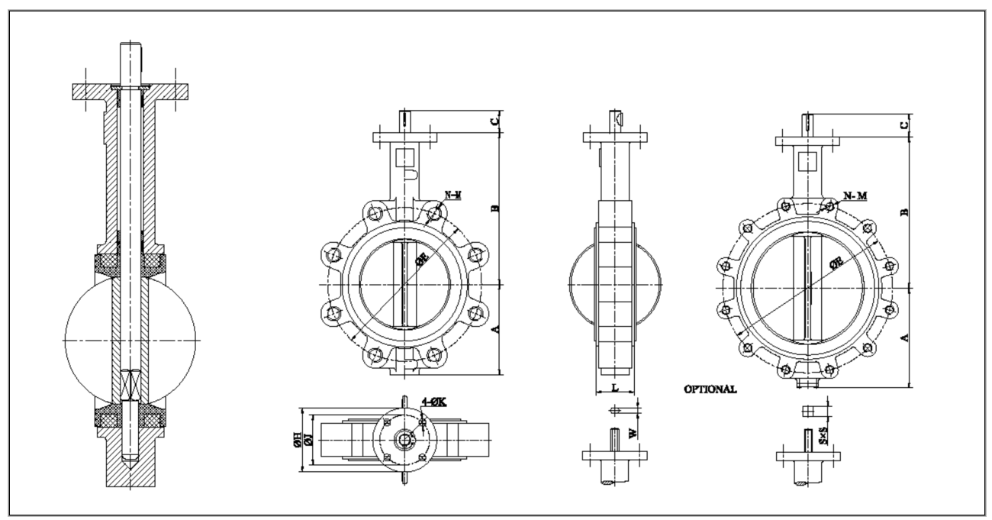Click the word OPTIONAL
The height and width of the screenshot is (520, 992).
[x=710, y=389]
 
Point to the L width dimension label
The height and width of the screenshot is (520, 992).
[x=615, y=388]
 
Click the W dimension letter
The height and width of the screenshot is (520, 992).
[x=632, y=433]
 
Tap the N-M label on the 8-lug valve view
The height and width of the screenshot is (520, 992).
[x=453, y=195]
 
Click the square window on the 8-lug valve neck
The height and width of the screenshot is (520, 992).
[x=406, y=158]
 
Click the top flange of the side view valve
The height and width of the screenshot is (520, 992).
[x=615, y=138]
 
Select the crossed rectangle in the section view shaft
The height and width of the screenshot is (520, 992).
[x=130, y=386]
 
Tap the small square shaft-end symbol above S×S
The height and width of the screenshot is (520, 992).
[x=809, y=412]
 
